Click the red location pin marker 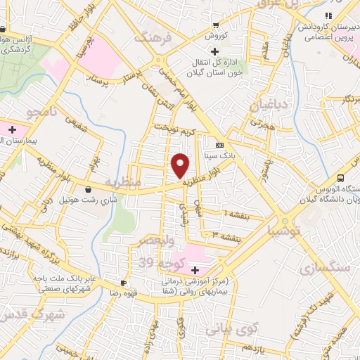coord(181,166)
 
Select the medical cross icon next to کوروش coord(214,51)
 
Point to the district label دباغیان coord(268,106)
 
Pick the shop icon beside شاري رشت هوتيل coord(87,188)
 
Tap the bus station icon coord(340,177)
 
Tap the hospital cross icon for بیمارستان coord(11,129)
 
